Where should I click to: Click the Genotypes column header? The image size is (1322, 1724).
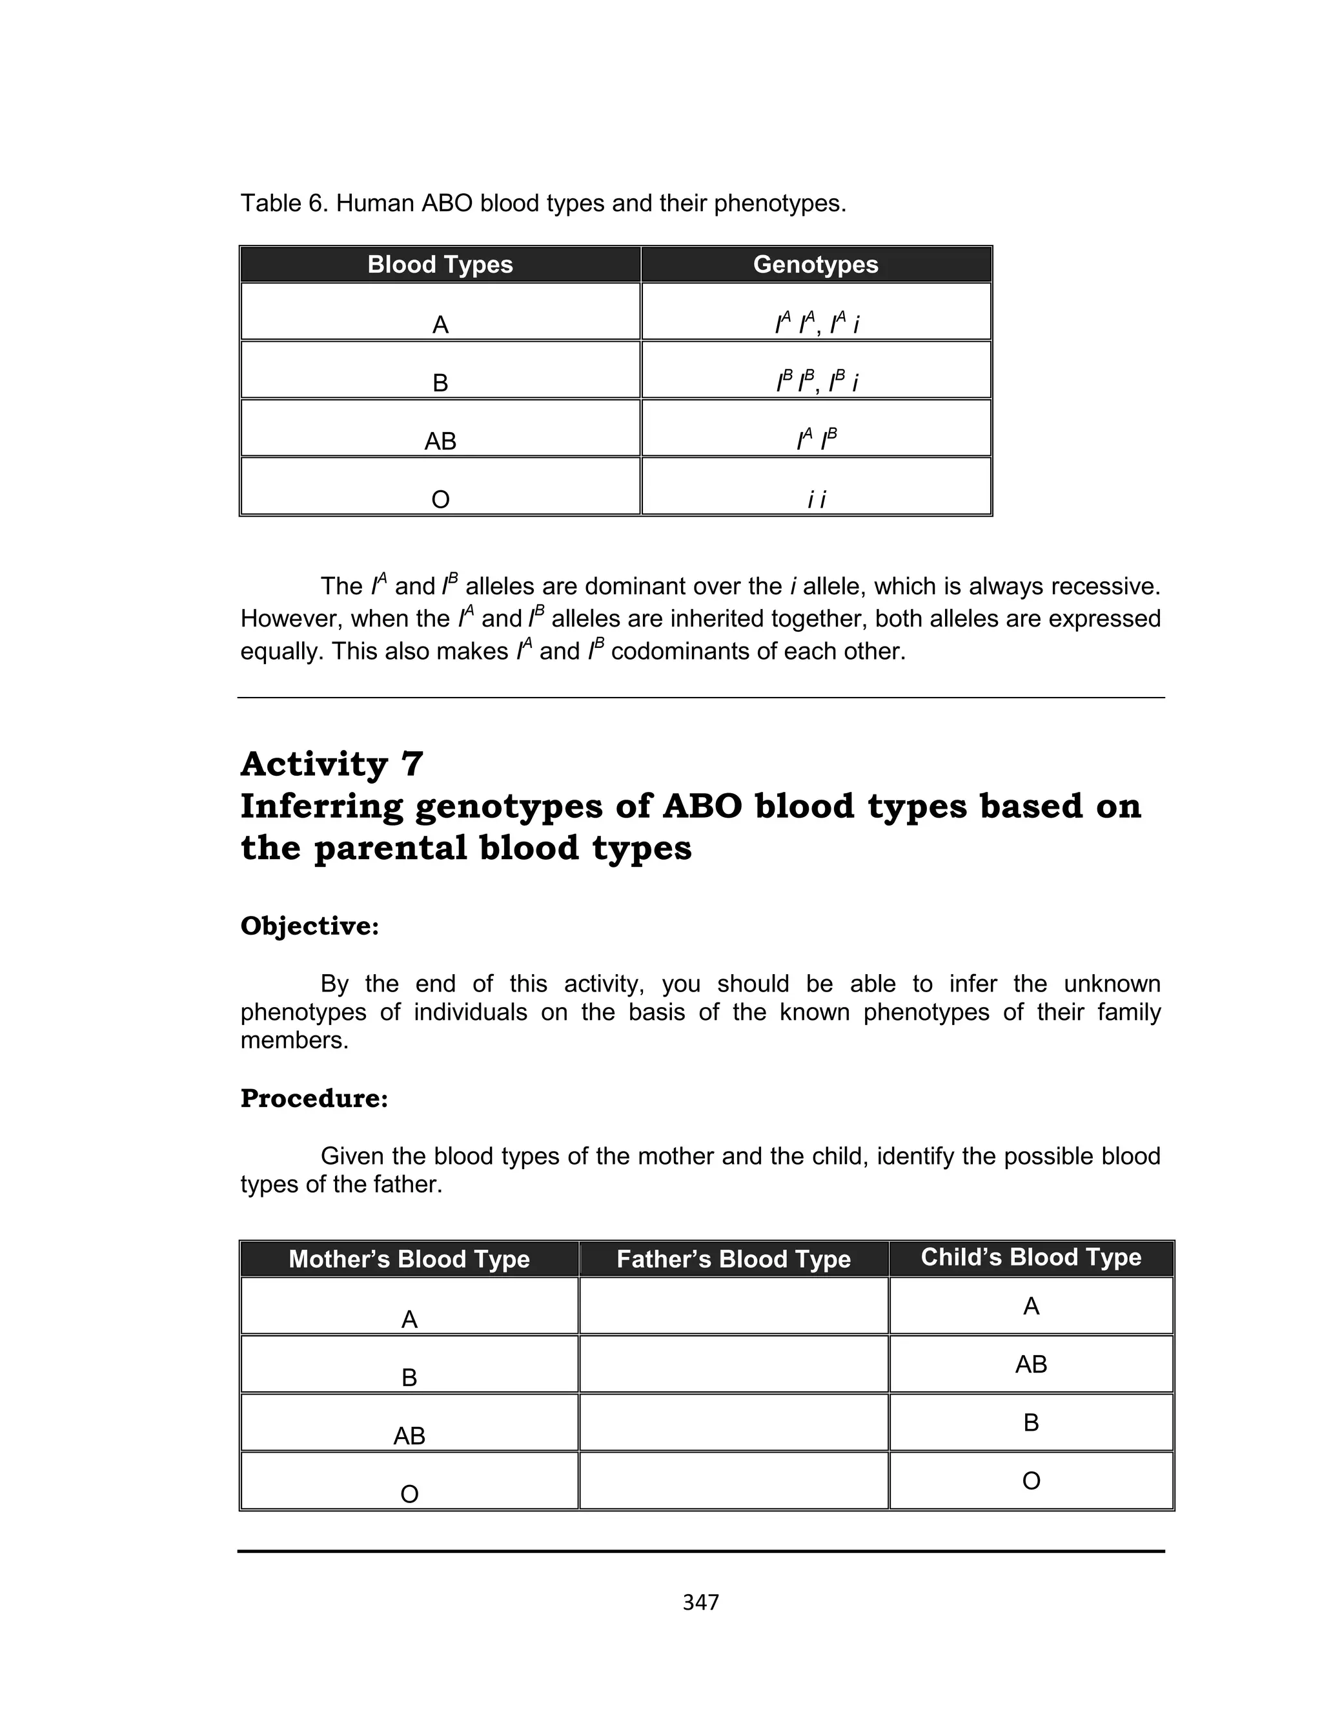tap(815, 264)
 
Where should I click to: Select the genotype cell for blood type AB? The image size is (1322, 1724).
tap(816, 430)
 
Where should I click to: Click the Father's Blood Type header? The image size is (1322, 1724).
tap(733, 1259)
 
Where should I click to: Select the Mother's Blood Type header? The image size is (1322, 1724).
tap(409, 1259)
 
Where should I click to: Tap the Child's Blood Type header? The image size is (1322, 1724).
tap(1030, 1257)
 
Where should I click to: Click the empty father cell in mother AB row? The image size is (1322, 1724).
tap(733, 1422)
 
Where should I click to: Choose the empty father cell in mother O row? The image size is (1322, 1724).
tap(733, 1480)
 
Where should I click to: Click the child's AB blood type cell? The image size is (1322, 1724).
tap(1030, 1364)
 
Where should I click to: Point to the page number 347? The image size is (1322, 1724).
tap(700, 1602)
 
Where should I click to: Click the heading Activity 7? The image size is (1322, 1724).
tap(331, 764)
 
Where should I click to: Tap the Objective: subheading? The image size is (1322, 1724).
tap(309, 926)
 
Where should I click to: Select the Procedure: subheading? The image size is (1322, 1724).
tap(314, 1098)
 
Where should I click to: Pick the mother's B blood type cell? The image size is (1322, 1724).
tap(409, 1364)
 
